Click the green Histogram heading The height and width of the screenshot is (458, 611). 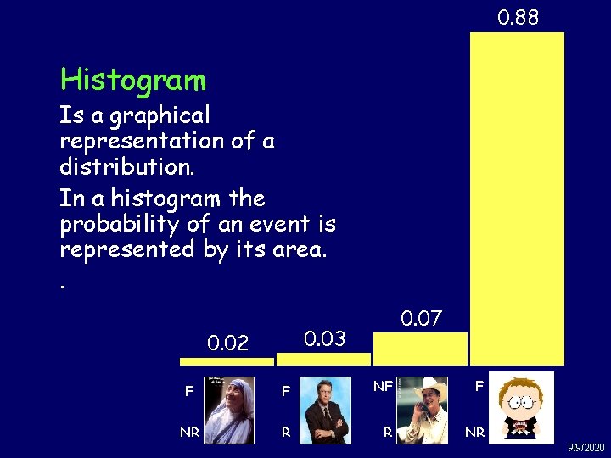pyautogui.click(x=133, y=81)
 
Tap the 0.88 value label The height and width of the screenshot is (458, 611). pyautogui.click(x=518, y=17)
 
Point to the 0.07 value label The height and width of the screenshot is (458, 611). pyautogui.click(x=421, y=320)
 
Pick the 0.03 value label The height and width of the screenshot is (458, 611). pyautogui.click(x=325, y=339)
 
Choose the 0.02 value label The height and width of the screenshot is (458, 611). pyautogui.click(x=228, y=343)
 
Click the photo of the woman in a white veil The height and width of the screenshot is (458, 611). pyautogui.click(x=228, y=410)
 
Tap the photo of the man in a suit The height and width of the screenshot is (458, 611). pyautogui.click(x=326, y=410)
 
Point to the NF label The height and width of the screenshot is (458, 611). pyautogui.click(x=383, y=387)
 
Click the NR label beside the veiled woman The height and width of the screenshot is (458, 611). pyautogui.click(x=189, y=432)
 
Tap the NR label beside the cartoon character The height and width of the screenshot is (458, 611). pyautogui.click(x=475, y=432)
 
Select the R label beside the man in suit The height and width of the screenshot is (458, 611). pyautogui.click(x=286, y=432)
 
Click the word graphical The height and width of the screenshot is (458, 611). pyautogui.click(x=160, y=115)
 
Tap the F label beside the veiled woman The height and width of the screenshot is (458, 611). pyautogui.click(x=189, y=392)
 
